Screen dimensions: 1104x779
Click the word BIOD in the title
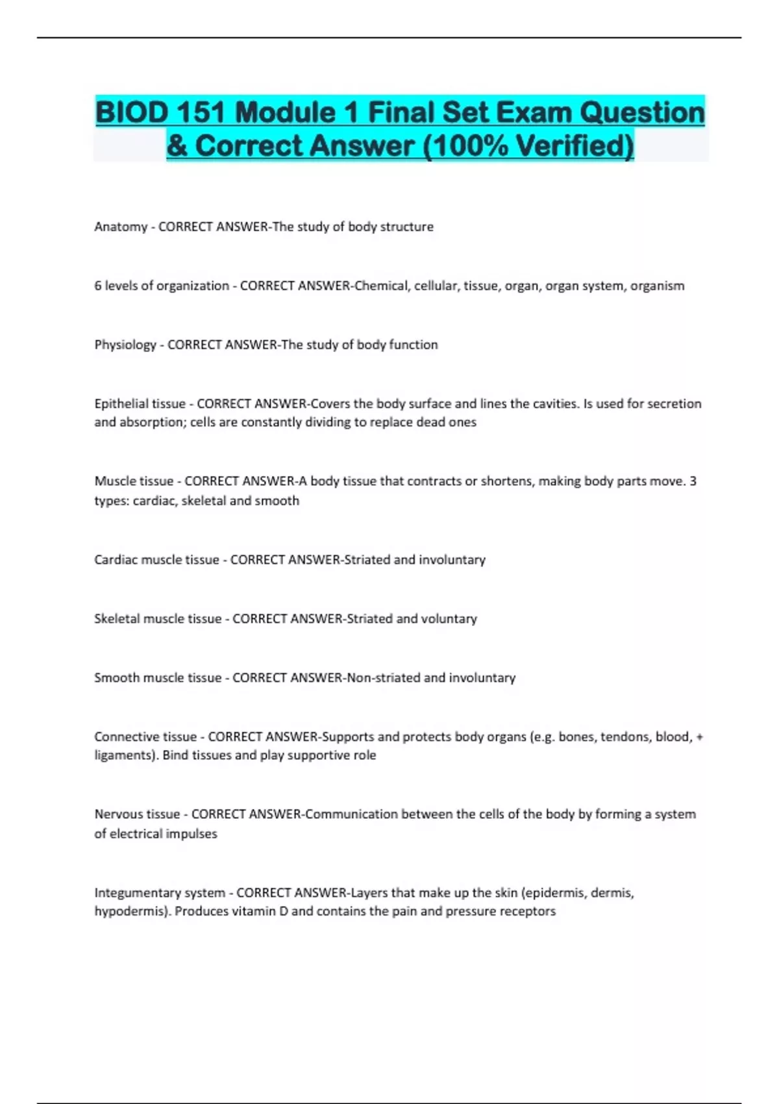pyautogui.click(x=132, y=113)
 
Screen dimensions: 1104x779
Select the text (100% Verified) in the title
pyautogui.click(x=528, y=145)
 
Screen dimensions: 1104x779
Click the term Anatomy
pyautogui.click(x=121, y=227)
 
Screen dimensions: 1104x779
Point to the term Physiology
pyautogui.click(x=125, y=345)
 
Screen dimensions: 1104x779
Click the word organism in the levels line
pyautogui.click(x=657, y=286)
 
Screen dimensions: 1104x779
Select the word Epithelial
pyautogui.click(x=121, y=404)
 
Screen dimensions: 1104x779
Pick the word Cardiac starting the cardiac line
pyautogui.click(x=116, y=560)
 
